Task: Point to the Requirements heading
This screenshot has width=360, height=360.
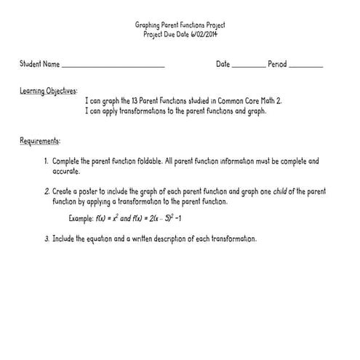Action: coord(40,140)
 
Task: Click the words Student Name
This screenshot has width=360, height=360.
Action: coord(40,65)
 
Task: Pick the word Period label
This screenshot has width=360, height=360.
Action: coord(277,65)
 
